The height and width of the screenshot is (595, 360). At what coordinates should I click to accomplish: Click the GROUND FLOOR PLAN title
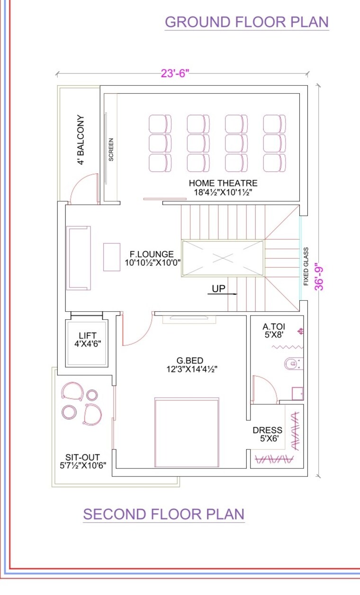pos(246,22)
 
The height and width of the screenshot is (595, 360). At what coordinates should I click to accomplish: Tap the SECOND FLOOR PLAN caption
pos(164,514)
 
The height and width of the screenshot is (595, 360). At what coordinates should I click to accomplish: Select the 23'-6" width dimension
pos(175,73)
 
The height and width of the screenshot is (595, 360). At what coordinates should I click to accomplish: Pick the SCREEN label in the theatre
pos(111,150)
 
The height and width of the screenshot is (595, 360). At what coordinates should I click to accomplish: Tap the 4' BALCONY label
pos(81,140)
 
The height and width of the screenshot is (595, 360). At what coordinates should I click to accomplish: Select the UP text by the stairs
pos(218,288)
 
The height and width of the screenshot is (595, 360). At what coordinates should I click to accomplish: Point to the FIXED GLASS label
pos(306,266)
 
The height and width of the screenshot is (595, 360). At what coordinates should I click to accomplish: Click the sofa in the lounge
pos(79,258)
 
